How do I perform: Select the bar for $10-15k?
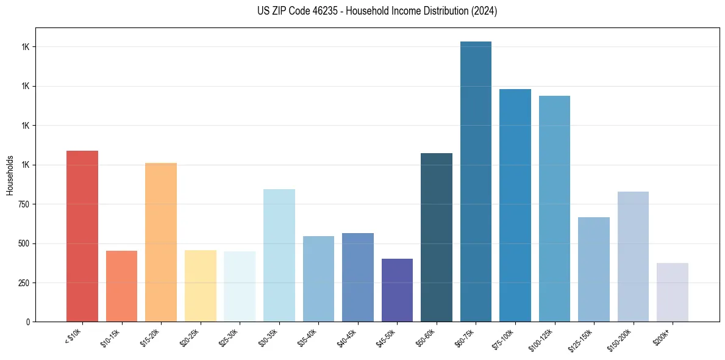pos(121,286)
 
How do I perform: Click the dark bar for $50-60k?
pos(437,237)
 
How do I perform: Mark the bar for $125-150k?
pos(594,269)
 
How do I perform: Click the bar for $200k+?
pos(673,292)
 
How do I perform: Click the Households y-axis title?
pos(10,175)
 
